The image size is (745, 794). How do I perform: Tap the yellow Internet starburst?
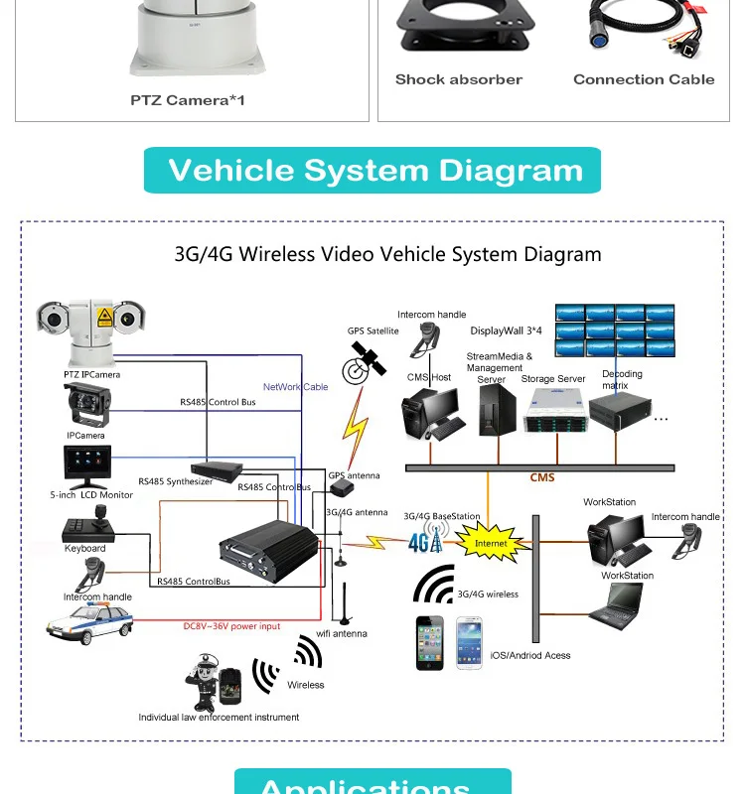coord(490,542)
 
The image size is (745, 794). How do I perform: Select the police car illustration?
coord(89,621)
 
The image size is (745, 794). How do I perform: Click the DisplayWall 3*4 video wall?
coord(614,330)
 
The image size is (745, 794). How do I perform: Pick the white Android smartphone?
coord(469,643)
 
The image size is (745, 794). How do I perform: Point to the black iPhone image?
coord(430,643)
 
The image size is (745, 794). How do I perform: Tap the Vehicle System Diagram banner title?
coord(374,170)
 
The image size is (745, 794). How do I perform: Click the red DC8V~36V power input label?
coord(231,626)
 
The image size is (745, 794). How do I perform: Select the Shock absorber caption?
coord(458,79)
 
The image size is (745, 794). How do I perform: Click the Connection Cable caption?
coord(644,79)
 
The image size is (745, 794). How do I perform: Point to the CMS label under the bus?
coord(541,478)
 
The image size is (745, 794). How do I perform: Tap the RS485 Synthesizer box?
coord(218,467)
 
